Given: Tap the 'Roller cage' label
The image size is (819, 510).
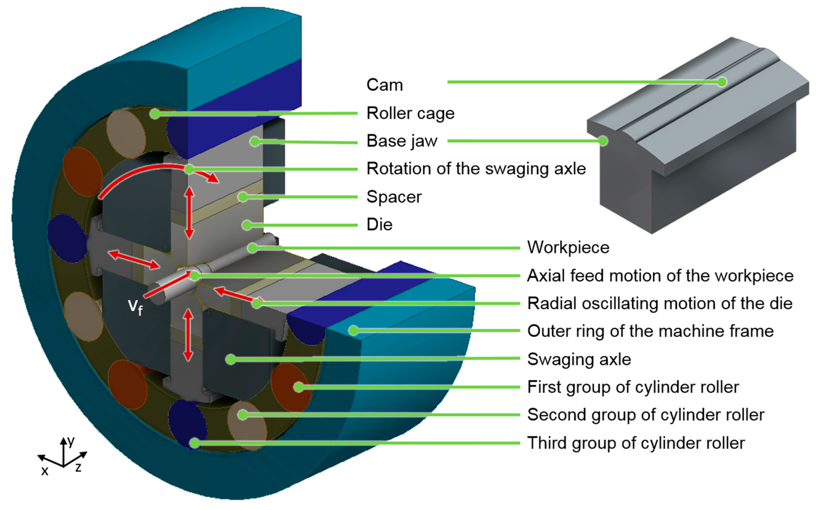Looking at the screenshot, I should pos(410,113).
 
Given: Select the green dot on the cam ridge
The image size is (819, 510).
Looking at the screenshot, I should pos(722,82).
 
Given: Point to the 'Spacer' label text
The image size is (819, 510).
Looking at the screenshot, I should pos(394,197).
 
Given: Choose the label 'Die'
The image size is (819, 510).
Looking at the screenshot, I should pos(379,225).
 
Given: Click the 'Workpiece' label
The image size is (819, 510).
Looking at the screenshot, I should pos(568,248).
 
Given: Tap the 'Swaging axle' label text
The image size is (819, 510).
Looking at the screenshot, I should pos(579,359).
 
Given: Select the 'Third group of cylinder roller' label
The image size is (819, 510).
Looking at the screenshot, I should pos(636,443).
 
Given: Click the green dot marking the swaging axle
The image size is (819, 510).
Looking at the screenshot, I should pos(230,359).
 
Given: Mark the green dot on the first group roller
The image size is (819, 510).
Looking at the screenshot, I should pos(298,387).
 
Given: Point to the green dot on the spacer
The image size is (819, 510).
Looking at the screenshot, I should pos(243,197).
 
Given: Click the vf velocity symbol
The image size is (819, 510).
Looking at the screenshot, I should pos(135,307).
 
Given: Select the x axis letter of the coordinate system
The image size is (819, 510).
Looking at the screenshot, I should pos(45,470).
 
